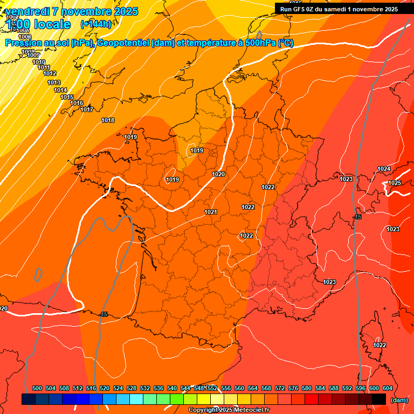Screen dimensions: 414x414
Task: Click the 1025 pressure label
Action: point(395,183)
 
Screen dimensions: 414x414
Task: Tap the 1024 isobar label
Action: point(384,169)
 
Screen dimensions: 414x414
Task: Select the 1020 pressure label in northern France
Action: point(218,174)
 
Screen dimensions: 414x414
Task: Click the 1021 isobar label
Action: point(211,212)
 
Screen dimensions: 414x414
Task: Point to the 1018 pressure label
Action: point(108,120)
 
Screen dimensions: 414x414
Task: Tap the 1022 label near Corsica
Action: point(379,345)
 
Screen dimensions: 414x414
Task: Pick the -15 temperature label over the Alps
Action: point(357,217)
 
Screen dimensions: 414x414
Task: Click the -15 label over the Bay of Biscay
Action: point(103,314)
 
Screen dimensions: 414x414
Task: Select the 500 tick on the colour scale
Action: point(37,388)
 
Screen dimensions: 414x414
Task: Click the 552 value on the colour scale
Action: point(212,388)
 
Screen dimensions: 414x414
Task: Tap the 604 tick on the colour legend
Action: point(388,388)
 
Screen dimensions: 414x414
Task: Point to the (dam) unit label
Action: point(399,399)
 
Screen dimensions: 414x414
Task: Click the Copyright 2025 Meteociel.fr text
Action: point(229,410)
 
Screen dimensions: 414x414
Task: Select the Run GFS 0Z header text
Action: point(339,9)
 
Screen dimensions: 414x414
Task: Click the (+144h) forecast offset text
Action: point(95,24)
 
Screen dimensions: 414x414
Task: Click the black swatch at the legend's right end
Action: point(379,399)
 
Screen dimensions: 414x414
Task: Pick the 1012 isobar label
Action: point(50,73)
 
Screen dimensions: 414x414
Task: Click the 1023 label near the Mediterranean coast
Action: point(329,282)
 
